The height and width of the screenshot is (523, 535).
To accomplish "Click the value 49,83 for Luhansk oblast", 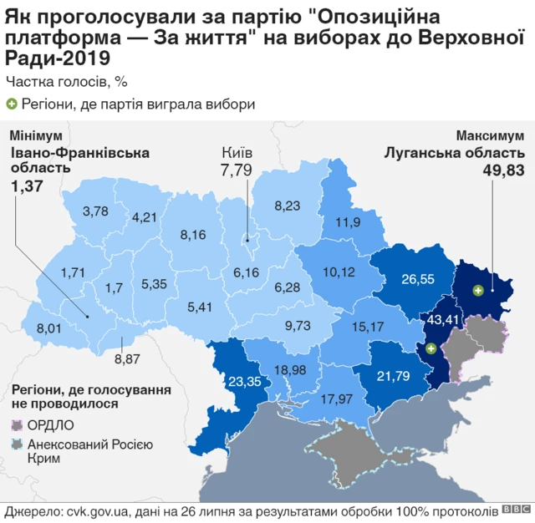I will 503,170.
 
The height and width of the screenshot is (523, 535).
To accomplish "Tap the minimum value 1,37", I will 26,187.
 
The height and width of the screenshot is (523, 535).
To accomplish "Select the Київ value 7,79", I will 236,170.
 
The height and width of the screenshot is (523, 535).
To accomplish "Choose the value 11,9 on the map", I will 348,222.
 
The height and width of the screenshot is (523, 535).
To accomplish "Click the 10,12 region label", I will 337,272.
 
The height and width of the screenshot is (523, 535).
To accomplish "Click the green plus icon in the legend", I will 12,104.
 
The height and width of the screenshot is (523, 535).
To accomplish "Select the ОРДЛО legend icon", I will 16,424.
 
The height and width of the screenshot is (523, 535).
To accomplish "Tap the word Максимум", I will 490,135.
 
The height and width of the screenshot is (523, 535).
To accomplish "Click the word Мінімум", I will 32,135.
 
